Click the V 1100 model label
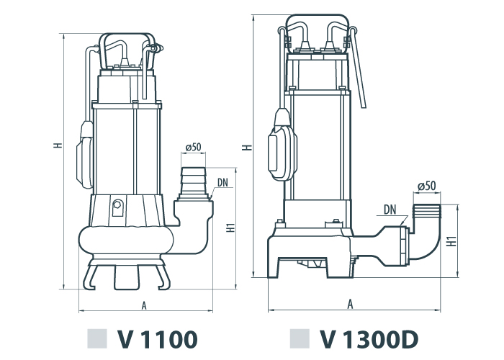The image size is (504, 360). (x=158, y=339)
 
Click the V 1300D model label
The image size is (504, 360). (x=369, y=339)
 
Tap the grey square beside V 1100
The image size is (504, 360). (x=96, y=339)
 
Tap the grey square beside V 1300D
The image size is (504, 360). (x=300, y=339)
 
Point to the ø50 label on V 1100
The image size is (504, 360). (x=193, y=147)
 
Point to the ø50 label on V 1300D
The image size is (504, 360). (x=427, y=186)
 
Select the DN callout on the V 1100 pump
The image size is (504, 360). (x=222, y=183)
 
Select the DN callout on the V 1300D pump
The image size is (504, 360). (x=390, y=210)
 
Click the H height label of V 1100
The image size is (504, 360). (x=58, y=145)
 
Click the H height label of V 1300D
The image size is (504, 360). (x=247, y=148)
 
